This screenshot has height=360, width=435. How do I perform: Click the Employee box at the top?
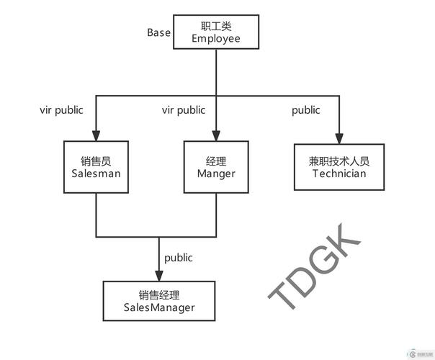[216, 32]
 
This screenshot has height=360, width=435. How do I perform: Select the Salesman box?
[96, 167]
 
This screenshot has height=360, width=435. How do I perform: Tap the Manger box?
[216, 167]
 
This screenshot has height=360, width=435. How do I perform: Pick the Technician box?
[339, 166]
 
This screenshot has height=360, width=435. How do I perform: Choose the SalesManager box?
[159, 301]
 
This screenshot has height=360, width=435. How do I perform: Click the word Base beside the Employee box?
[159, 32]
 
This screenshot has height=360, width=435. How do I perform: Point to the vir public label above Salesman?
[61, 110]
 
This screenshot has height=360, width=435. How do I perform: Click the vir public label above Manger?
[184, 110]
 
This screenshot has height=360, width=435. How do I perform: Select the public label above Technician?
[306, 110]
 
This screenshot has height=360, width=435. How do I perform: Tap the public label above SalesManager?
[179, 257]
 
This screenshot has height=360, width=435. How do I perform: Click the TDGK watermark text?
[315, 267]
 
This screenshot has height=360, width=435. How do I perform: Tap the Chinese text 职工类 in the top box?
[216, 26]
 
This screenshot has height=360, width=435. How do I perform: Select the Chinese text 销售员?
[96, 161]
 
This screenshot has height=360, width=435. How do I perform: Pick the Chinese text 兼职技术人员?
[339, 161]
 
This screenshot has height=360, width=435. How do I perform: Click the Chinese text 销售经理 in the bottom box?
[159, 295]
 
